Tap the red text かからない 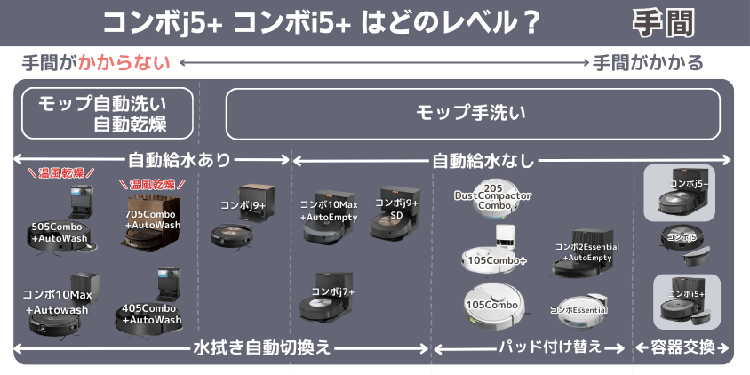coord(123,63)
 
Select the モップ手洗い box coord(472,113)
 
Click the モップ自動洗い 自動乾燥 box coord(107,113)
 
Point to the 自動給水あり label coord(180,160)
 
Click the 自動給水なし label coord(483,160)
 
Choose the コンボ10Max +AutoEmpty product coord(327,218)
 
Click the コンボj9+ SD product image coord(395,215)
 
